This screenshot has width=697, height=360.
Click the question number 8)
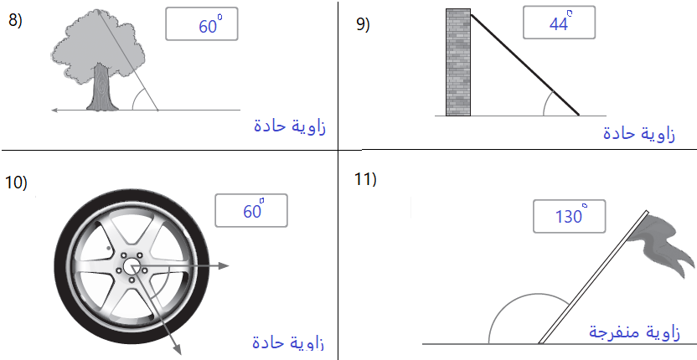pyautogui.click(x=15, y=21)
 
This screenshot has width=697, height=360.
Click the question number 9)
pyautogui.click(x=363, y=24)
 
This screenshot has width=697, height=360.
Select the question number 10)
pyautogui.click(x=16, y=183)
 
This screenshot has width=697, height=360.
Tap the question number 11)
pyautogui.click(x=365, y=179)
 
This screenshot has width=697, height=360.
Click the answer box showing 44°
pyautogui.click(x=559, y=23)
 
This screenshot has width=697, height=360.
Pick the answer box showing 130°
pyautogui.click(x=569, y=216)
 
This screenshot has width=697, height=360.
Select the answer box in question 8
pyautogui.click(x=202, y=24)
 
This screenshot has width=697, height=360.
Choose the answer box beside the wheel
pyautogui.click(x=251, y=210)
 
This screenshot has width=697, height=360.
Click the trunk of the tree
pyautogui.click(x=103, y=88)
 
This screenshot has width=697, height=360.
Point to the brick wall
pyautogui.click(x=458, y=62)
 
